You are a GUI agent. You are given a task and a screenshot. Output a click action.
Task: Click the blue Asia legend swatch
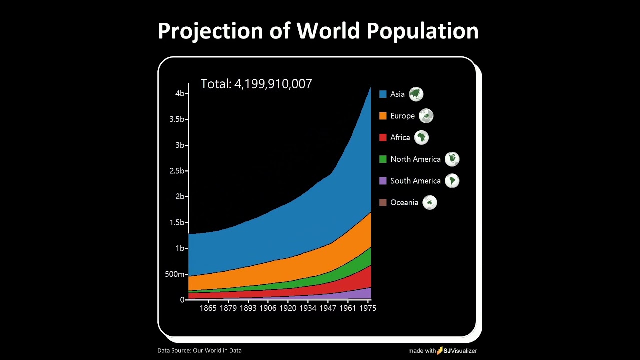click(383, 94)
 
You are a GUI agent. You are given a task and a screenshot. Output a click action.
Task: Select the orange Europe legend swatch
click(383, 116)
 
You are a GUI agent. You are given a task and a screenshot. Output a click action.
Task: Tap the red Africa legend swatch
click(383, 137)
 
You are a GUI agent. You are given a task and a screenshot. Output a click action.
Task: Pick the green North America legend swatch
click(383, 159)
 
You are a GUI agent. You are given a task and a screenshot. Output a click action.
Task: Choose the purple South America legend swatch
click(383, 181)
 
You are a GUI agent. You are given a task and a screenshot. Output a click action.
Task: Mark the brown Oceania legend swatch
click(383, 202)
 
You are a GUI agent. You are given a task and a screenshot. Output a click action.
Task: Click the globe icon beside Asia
click(416, 94)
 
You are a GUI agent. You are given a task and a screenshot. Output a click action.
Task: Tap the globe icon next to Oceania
click(430, 202)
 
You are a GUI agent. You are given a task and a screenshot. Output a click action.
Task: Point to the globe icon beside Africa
click(421, 137)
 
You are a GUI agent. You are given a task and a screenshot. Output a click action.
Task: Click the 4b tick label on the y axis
click(180, 94)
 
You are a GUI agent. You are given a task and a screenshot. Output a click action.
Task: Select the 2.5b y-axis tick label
click(177, 171)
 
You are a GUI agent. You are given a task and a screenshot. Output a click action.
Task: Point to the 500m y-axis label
click(175, 274)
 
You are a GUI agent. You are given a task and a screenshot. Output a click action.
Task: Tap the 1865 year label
click(208, 308)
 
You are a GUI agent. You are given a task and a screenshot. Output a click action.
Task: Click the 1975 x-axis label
click(368, 308)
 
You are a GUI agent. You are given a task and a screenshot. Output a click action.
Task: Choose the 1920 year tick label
click(288, 308)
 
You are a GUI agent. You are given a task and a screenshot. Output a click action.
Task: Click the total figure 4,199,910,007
click(273, 84)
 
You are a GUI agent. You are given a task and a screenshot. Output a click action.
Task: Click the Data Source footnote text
click(199, 351)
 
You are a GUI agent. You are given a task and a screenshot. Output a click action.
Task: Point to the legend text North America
click(415, 159)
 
